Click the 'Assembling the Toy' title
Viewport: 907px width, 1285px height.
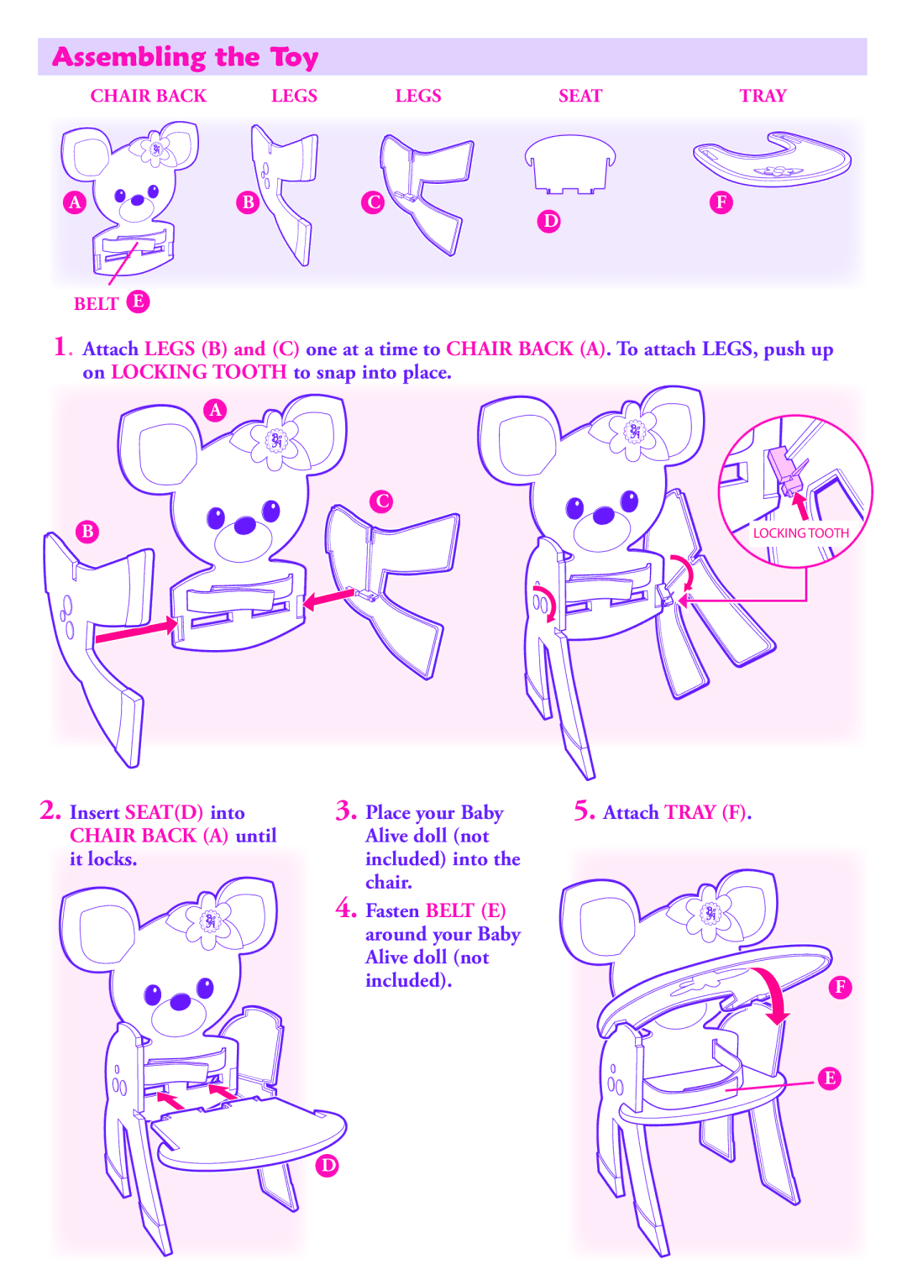[186, 57]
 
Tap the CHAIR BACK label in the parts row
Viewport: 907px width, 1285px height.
[148, 96]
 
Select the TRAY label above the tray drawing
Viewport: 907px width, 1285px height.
[763, 96]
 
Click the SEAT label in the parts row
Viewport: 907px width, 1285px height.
[580, 96]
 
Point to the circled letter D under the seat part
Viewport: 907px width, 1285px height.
[549, 222]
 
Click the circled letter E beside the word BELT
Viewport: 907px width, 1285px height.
[138, 302]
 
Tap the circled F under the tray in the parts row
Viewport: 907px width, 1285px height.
[721, 202]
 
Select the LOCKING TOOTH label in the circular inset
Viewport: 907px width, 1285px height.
[801, 533]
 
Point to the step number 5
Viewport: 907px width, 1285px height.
[584, 811]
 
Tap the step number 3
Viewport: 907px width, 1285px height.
[345, 811]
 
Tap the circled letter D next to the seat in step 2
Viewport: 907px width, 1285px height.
[327, 1165]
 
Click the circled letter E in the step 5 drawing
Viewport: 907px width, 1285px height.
[830, 1078]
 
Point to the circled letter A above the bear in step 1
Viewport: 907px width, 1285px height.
[215, 410]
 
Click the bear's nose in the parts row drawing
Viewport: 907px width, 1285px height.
[138, 200]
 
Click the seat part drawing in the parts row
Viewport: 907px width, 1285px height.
[569, 164]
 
